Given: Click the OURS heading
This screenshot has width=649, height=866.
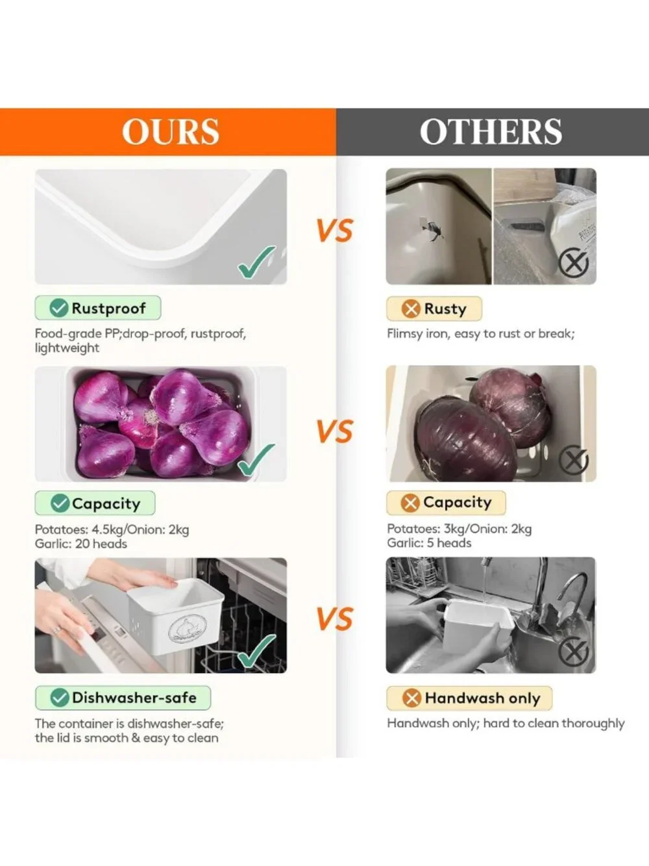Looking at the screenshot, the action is (x=170, y=131).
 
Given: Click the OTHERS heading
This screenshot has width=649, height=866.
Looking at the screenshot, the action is (x=491, y=131).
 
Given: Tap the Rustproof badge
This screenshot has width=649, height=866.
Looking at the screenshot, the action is (x=98, y=308).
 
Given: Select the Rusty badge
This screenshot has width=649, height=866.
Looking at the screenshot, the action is (x=434, y=309).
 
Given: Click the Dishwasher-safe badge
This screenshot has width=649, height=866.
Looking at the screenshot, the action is (x=123, y=698).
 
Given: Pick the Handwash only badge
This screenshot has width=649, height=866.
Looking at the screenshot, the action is (x=469, y=698).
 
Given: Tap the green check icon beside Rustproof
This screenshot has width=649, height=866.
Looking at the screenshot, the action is (x=58, y=308).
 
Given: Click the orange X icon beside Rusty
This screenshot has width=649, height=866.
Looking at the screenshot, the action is (x=411, y=309).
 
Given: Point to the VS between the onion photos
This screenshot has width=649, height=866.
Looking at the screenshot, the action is (x=335, y=430).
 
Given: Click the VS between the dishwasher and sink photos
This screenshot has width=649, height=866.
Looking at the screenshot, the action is (x=335, y=618).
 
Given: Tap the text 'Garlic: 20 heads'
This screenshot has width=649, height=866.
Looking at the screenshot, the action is (x=80, y=544).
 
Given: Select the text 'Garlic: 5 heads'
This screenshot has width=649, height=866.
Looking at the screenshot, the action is (x=429, y=543).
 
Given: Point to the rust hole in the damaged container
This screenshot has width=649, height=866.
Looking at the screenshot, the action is (x=430, y=230).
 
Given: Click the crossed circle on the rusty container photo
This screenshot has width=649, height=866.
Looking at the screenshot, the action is (x=574, y=262).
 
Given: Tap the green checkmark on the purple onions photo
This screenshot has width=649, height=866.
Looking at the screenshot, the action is (x=256, y=459).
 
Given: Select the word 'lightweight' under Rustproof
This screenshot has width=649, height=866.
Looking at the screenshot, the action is (x=67, y=348).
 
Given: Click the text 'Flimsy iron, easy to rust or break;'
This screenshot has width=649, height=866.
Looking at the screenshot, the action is (x=481, y=334).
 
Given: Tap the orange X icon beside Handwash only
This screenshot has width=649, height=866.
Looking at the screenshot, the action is (x=411, y=698).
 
